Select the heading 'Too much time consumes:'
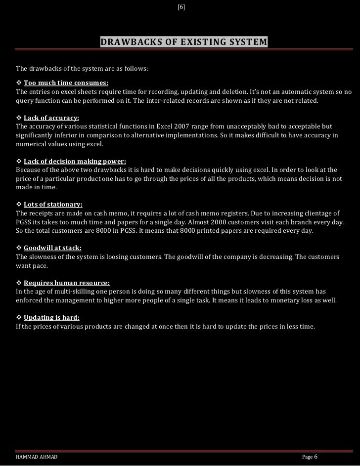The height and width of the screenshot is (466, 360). (x=66, y=83)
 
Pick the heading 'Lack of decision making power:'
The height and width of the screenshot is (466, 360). (x=75, y=161)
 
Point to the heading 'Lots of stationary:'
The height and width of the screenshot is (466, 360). (x=53, y=204)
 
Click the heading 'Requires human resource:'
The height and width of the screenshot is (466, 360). (x=67, y=283)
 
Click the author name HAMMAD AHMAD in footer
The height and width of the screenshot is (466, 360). (x=37, y=458)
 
